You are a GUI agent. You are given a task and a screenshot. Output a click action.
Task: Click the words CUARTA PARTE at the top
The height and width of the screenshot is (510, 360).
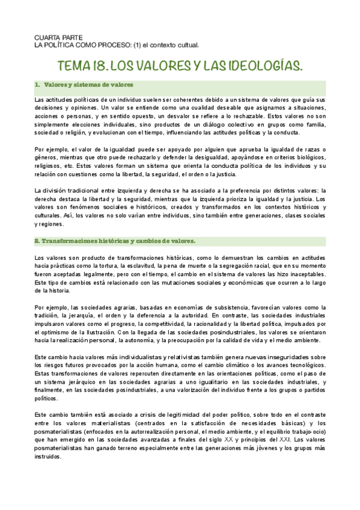[55, 37]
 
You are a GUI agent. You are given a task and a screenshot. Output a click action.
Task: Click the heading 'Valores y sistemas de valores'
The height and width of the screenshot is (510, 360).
[88, 85]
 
